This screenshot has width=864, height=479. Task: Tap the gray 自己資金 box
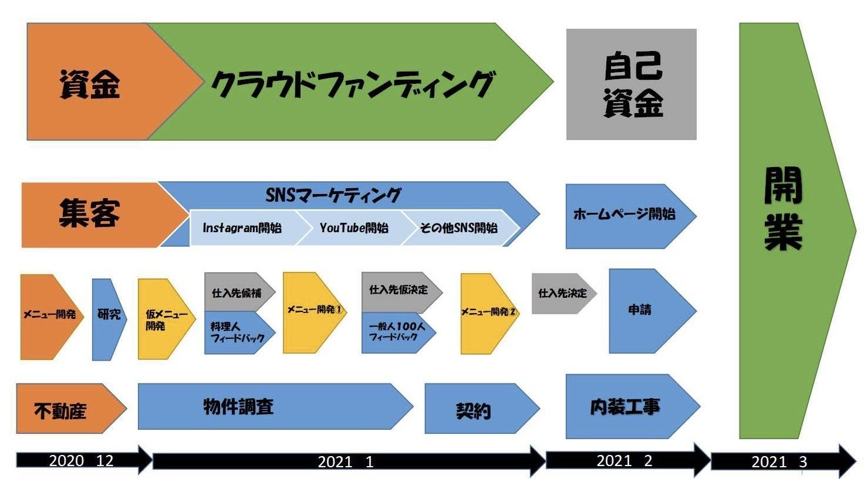632,84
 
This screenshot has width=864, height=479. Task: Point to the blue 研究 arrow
109,320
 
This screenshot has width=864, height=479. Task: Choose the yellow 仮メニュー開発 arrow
166,319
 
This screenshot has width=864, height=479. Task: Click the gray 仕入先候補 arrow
239,292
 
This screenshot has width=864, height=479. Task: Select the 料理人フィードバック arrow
239,332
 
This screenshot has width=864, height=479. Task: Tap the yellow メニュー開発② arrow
489,314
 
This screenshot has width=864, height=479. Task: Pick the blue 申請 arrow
652,311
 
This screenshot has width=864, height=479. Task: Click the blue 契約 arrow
482,409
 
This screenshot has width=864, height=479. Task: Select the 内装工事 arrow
633,406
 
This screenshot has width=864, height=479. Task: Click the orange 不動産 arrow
71,409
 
